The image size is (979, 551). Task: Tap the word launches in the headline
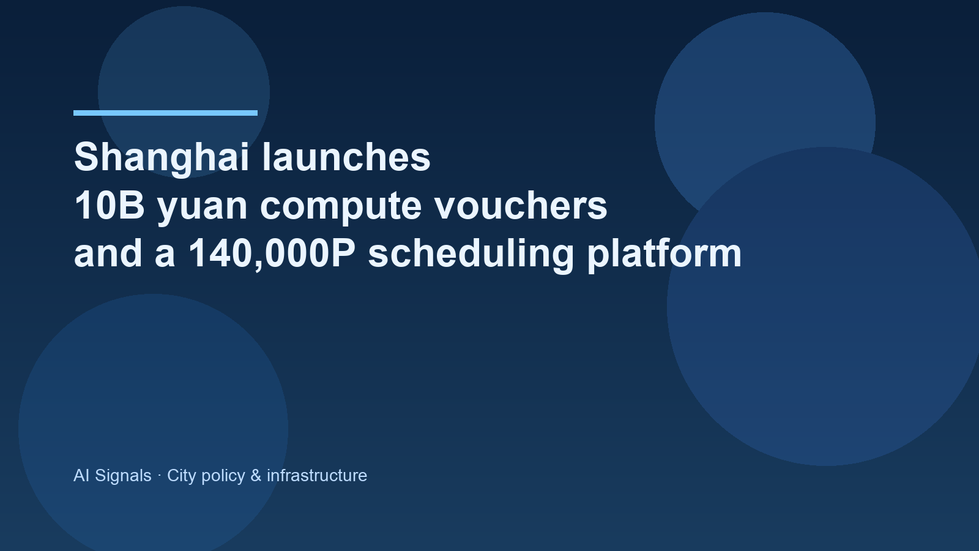[346, 157]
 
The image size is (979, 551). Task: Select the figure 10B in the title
[109, 206]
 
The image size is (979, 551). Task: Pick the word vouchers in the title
[521, 206]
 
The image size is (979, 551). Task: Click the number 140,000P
[271, 253]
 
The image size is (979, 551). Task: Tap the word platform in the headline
[664, 253]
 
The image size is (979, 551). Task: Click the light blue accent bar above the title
[165, 113]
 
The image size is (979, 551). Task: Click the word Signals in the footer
[123, 476]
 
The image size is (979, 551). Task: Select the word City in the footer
[181, 476]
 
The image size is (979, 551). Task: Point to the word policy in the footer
[223, 476]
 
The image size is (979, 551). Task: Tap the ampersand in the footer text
[256, 476]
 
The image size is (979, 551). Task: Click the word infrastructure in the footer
[316, 476]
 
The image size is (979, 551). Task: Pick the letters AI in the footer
[81, 476]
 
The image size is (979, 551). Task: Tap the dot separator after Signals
[159, 476]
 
